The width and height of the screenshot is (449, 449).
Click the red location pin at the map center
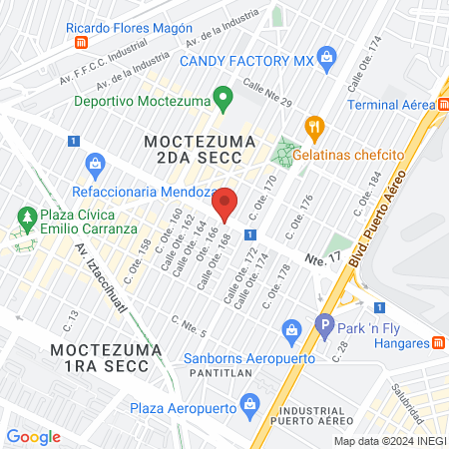225,204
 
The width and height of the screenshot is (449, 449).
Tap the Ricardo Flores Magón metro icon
80,43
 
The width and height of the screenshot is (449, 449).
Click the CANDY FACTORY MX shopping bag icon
324,60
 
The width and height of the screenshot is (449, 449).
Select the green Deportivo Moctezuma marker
224,100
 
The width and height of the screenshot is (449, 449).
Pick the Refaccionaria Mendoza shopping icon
96,162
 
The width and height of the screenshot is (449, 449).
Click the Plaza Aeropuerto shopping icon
249,404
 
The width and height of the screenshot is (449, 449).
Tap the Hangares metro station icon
437,343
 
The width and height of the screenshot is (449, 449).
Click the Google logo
34,436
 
